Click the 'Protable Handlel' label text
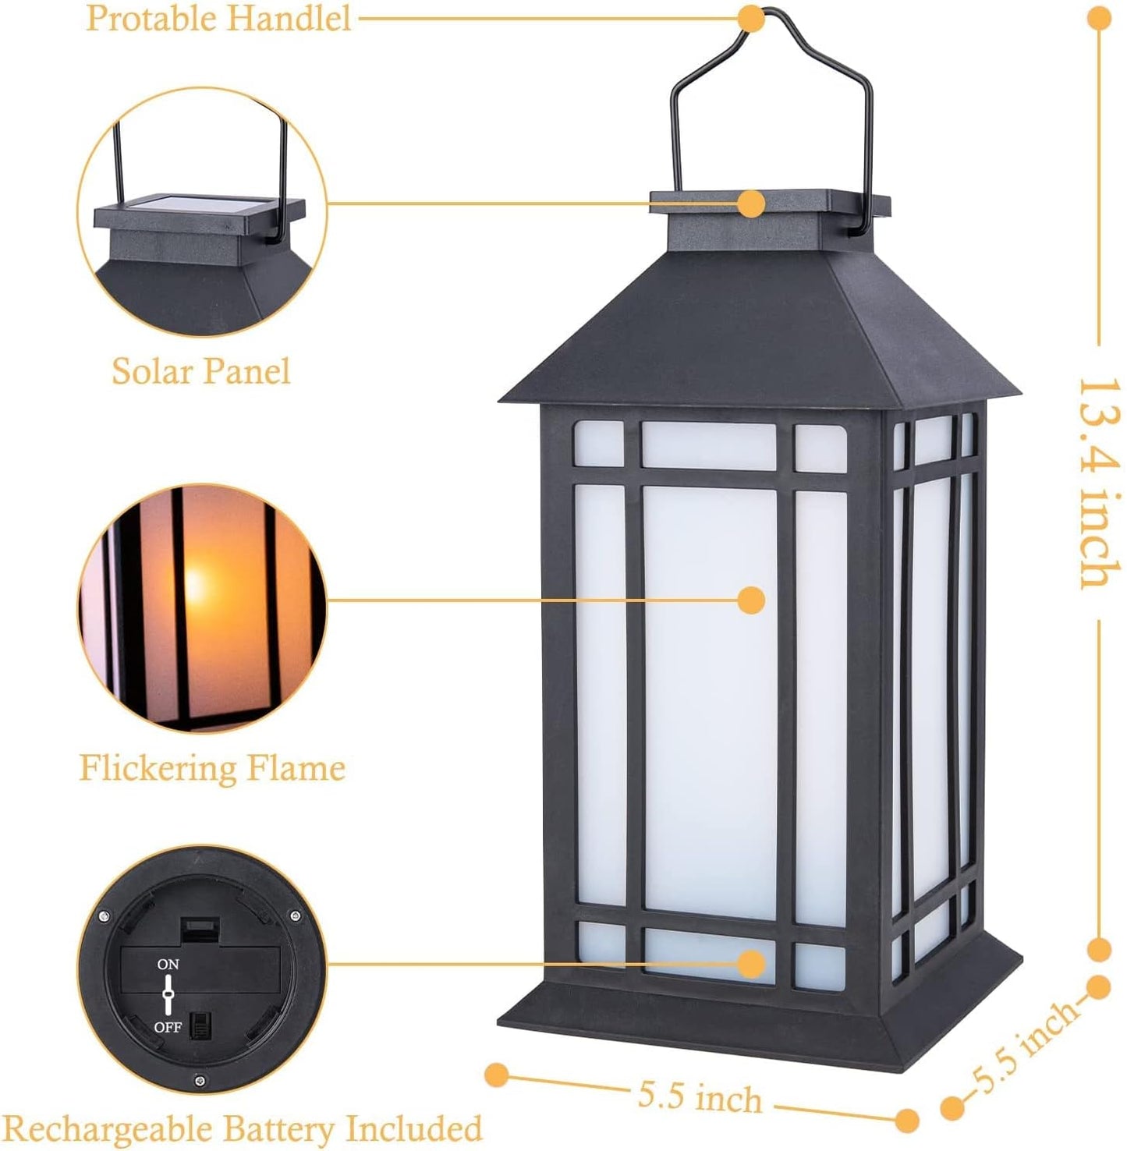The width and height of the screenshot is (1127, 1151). pos(218,18)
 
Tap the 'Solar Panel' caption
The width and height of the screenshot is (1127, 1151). pos(201,370)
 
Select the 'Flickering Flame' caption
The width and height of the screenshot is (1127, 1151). pos(212,768)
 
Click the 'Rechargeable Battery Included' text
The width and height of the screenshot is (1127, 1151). pos(243,1128)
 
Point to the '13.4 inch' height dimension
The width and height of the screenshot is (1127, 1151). pos(1100,483)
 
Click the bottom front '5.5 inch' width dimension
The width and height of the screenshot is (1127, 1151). pos(700,1097)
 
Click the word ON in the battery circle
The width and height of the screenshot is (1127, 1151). pos(168,965)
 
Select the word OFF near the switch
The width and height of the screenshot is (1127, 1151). pos(168,1027)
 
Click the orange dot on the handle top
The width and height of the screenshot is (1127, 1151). pos(751,18)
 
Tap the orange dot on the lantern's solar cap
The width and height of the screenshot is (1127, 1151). pos(751,204)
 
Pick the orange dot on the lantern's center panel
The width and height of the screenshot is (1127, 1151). pos(751,600)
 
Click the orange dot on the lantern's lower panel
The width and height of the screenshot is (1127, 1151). pos(751,964)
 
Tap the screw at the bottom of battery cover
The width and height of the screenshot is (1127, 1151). pos(200,1081)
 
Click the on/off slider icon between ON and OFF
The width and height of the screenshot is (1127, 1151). pos(168,996)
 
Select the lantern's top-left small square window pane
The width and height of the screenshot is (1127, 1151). pos(599,445)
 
